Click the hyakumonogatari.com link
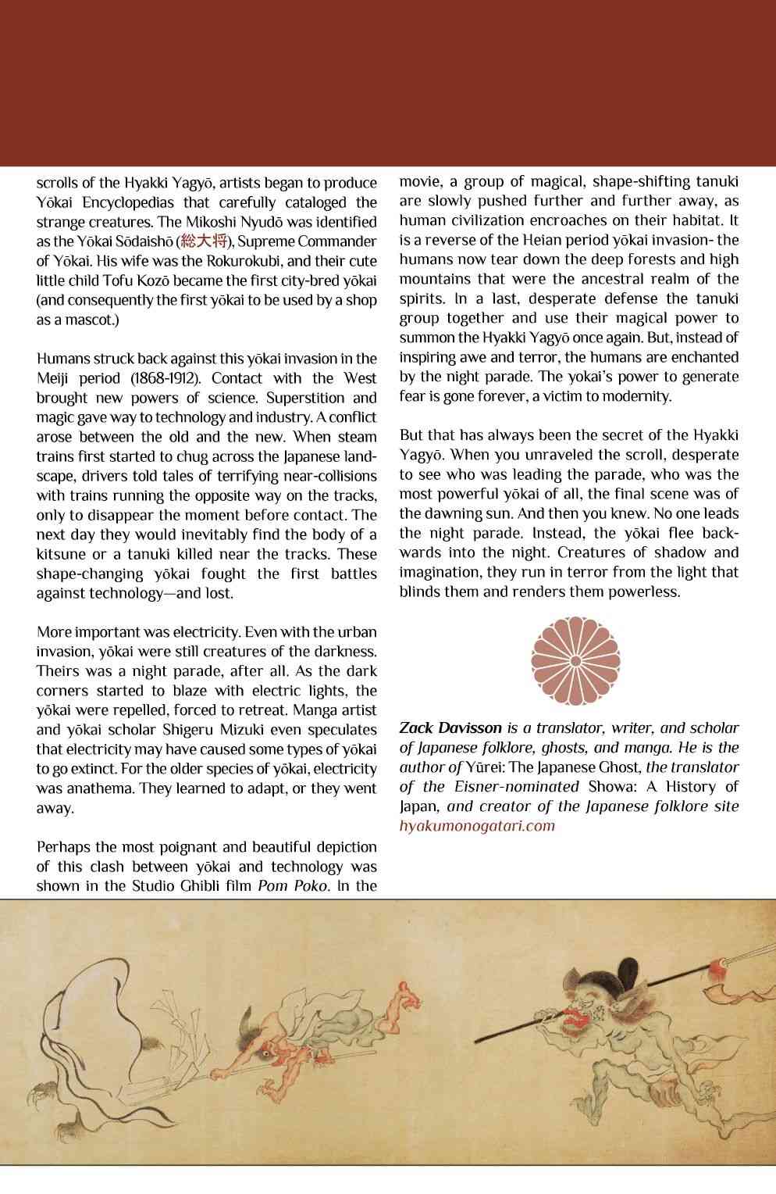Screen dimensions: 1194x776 [x=477, y=826]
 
